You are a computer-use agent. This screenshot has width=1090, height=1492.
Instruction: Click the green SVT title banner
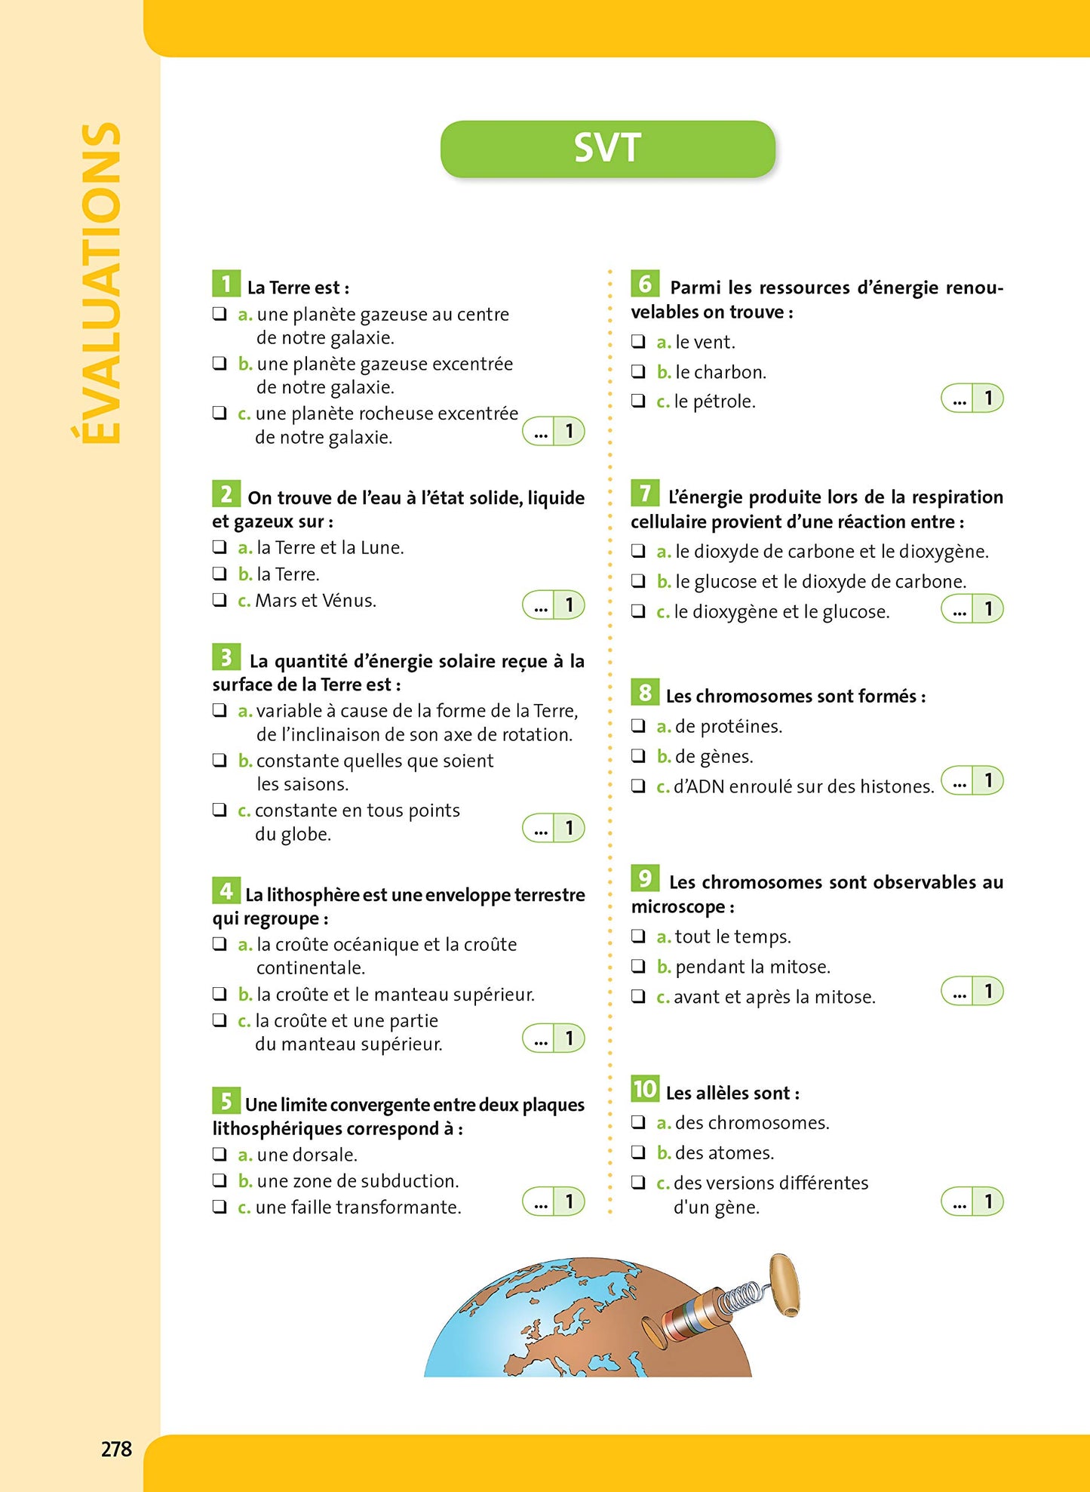pos(607,149)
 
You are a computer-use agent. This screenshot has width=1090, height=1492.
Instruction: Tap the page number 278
pos(116,1449)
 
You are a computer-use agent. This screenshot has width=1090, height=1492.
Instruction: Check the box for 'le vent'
pos(638,342)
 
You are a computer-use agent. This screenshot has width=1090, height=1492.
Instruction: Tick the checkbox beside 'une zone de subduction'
pos(220,1180)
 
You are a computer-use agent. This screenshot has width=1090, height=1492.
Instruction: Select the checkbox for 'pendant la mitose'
pos(638,966)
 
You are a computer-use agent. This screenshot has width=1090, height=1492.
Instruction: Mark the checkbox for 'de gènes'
pos(638,755)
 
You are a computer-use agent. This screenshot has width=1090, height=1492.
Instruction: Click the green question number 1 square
pos(226,284)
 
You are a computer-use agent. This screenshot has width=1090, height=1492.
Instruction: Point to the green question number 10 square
pos(645,1089)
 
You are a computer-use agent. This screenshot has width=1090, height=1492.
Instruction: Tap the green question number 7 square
pos(645,494)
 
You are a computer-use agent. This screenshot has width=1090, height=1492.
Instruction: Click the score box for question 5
pos(554,1201)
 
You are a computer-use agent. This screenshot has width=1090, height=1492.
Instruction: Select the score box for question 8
pos(972,781)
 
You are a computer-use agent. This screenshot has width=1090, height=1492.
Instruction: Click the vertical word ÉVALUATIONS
pos(100,283)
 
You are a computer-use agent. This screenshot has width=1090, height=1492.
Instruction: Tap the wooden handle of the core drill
pos(784,1284)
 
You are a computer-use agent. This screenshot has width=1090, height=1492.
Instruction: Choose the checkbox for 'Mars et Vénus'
pos(220,600)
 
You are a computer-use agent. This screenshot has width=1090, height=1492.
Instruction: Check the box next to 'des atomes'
pos(638,1152)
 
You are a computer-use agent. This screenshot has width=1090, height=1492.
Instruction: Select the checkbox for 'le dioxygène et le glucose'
pos(638,611)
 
